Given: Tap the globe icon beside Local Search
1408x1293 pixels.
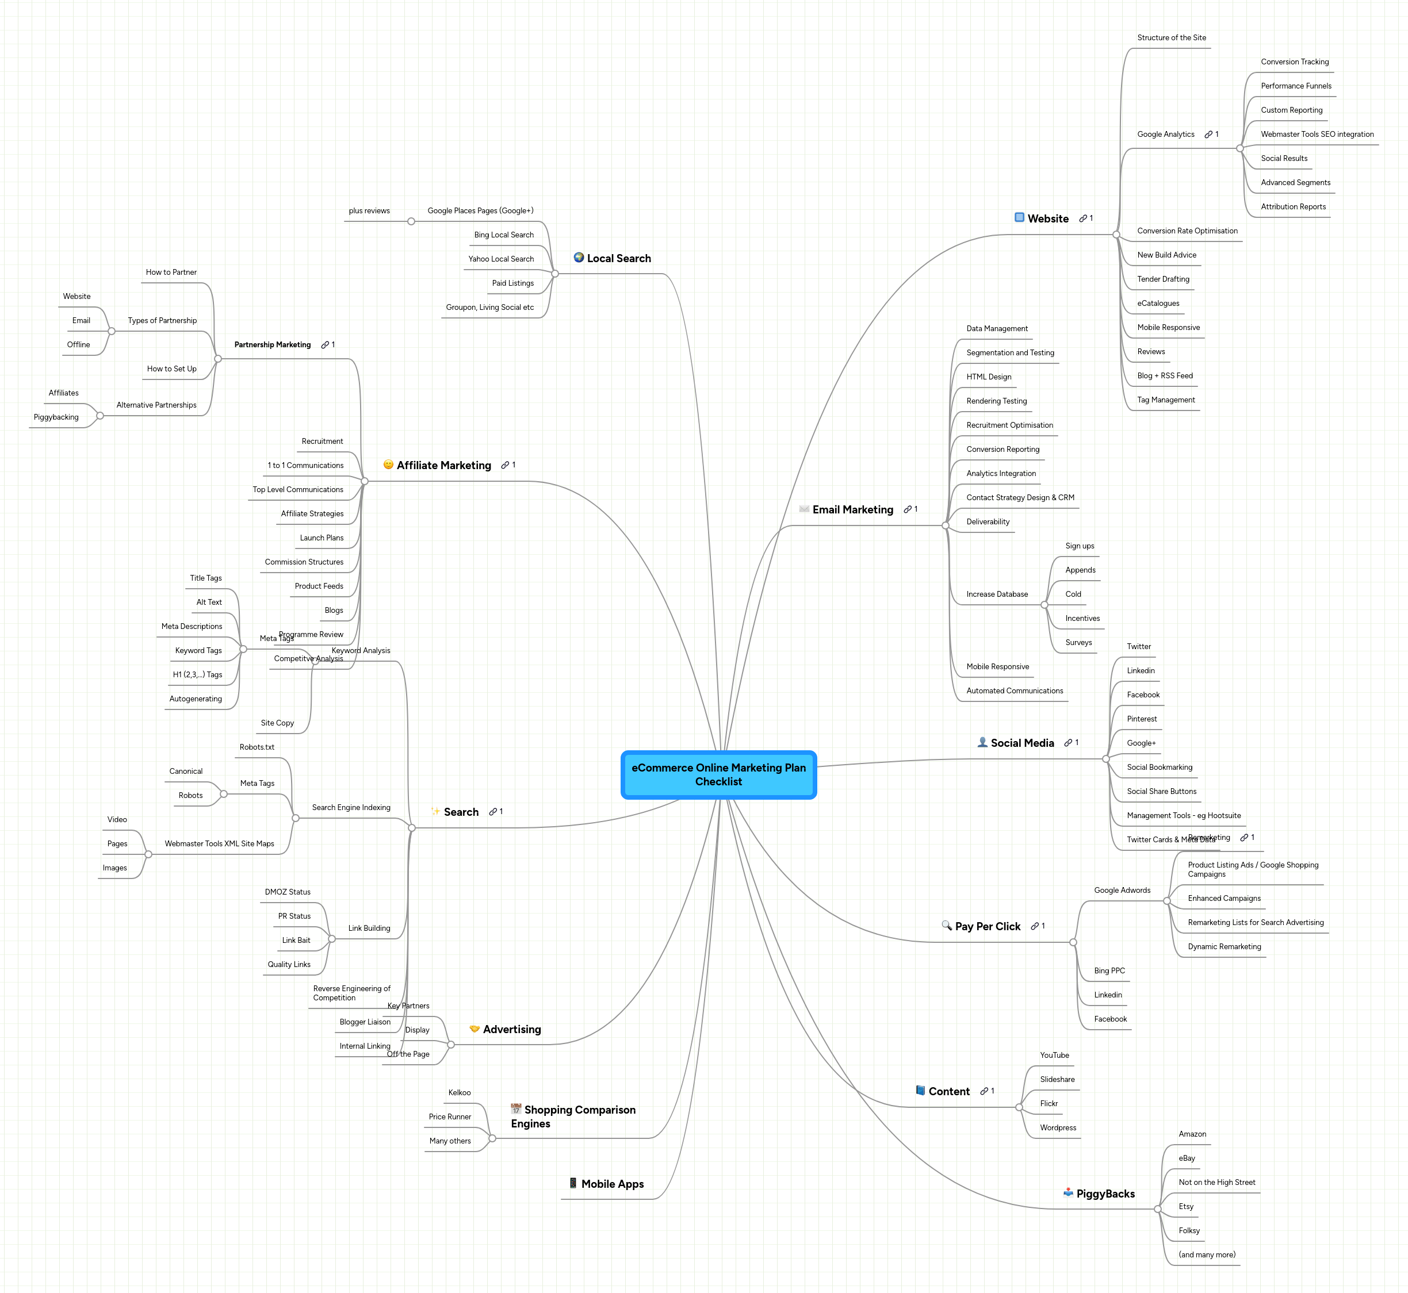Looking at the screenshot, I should [579, 258].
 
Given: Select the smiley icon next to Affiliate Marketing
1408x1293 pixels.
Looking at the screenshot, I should [388, 465].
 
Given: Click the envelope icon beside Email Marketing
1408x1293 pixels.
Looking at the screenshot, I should [804, 509].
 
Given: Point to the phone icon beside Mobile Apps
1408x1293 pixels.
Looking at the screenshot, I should [573, 1183].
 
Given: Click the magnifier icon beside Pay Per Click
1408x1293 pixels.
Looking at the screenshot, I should [946, 925].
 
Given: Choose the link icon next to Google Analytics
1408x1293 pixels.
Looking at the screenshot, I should [1208, 135].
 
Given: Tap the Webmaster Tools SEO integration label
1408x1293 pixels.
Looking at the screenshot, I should [1317, 135].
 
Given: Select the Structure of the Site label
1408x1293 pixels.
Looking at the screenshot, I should [1171, 38].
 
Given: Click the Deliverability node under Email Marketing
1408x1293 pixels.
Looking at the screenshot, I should [988, 522].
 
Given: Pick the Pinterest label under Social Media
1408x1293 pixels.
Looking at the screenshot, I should [1141, 719].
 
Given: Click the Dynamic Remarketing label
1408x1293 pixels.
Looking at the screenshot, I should [1224, 947].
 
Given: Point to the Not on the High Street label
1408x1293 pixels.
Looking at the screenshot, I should [1216, 1183].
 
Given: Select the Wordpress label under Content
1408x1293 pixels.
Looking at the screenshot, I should [1057, 1128].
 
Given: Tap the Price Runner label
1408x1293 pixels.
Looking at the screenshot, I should [449, 1116].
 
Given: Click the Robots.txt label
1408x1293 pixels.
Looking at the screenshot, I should [257, 747].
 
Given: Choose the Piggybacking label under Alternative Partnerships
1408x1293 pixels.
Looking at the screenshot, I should [56, 417].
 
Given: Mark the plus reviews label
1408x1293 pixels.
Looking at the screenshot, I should [369, 210].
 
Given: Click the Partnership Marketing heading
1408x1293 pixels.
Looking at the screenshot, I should [272, 345].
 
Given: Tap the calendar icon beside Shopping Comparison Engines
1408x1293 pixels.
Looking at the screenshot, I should [516, 1109].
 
